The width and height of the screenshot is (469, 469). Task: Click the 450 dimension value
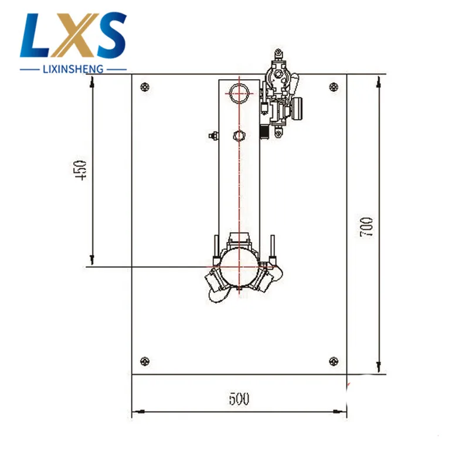tap(80, 171)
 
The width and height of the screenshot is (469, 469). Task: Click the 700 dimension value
tap(366, 227)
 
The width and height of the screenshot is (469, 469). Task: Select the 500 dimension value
tap(239, 399)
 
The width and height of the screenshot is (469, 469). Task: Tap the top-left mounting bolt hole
tap(145, 87)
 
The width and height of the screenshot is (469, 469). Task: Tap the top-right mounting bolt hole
tap(334, 87)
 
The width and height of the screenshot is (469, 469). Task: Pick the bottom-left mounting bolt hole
tap(145, 361)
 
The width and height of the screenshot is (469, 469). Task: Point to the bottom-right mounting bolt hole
tap(334, 361)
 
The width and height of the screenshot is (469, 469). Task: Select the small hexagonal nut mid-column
tap(239, 136)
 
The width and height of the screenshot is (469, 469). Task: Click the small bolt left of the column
tap(213, 136)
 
